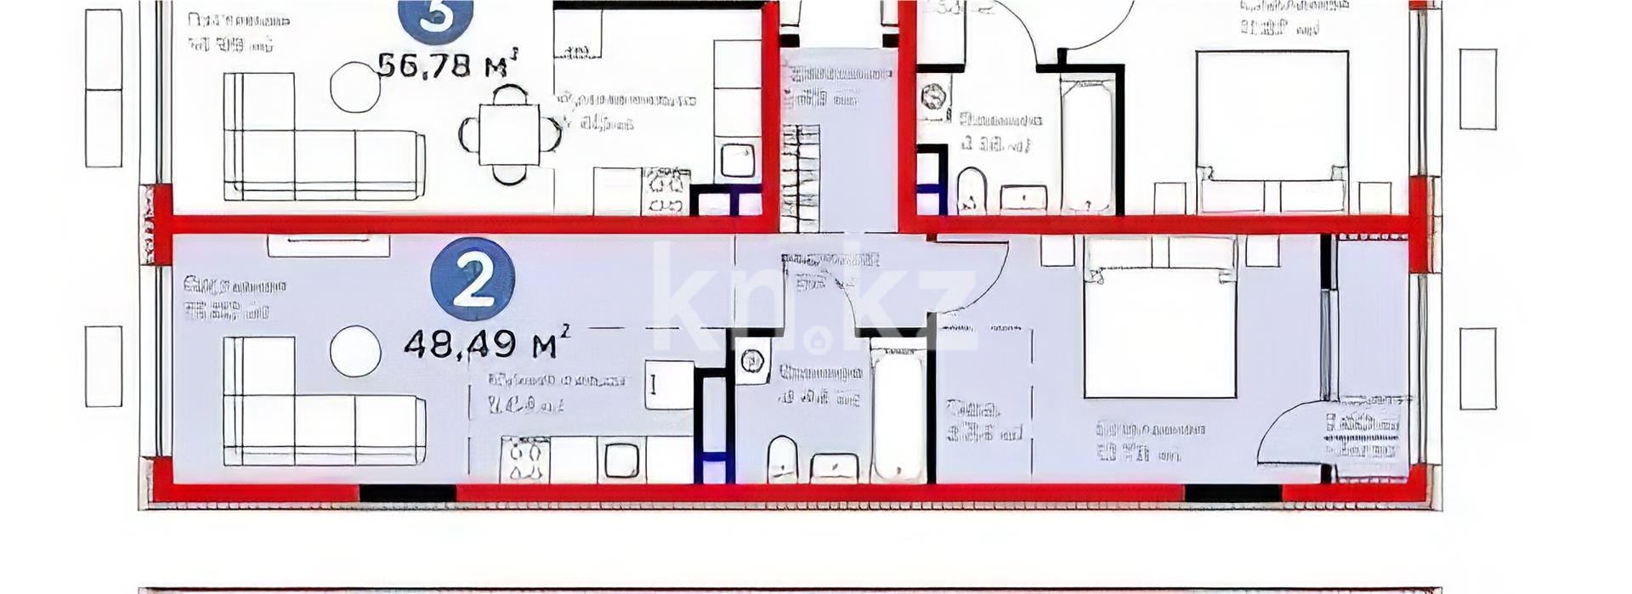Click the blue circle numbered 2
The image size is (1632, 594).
(473, 280)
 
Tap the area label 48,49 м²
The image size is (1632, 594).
(485, 344)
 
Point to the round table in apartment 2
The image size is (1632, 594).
(355, 352)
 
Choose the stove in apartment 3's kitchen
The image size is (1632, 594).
(666, 191)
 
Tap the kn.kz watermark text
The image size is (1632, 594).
(816, 297)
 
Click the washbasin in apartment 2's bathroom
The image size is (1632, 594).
(835, 467)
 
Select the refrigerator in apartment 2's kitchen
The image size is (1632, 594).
(670, 385)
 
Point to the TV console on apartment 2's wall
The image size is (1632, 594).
(329, 246)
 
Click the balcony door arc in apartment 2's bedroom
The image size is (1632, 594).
(1288, 433)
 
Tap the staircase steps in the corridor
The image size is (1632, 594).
(801, 178)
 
